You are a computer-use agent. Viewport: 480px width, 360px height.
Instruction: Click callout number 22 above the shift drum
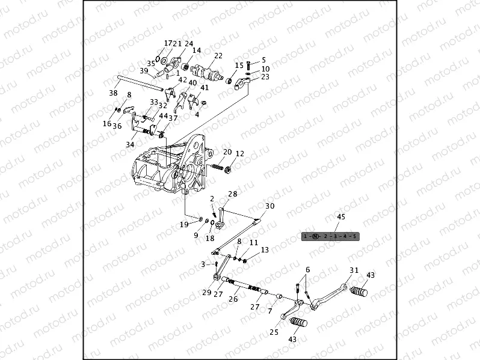coord(218,55)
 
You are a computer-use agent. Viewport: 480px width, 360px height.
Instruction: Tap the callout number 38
coord(113,93)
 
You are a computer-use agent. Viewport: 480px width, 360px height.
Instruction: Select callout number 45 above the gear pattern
coord(340,216)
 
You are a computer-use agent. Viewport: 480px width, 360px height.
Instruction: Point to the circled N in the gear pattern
coord(316,236)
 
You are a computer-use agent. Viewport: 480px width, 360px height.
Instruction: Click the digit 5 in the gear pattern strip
coord(355,236)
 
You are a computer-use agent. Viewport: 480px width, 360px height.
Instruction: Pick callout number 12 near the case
coord(239,153)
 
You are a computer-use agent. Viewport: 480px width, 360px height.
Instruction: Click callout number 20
coord(227,152)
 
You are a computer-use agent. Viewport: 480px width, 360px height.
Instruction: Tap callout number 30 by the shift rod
coord(269,206)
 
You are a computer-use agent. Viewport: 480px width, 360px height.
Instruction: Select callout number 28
coord(232,194)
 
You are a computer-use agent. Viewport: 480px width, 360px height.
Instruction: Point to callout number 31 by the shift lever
coord(354,270)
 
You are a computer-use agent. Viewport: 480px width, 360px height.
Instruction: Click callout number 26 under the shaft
coord(234,299)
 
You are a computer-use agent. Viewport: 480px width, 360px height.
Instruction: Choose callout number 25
coord(273,332)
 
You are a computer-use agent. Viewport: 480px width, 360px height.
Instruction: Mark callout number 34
coord(131,145)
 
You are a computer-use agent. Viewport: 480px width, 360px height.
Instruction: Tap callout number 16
coord(106,123)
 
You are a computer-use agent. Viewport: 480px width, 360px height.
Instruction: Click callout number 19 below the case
coord(185,224)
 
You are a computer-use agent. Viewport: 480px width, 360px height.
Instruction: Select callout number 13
coord(265,249)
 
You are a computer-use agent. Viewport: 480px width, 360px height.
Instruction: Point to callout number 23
coord(265,76)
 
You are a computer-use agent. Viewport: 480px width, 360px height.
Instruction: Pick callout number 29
coord(206,293)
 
